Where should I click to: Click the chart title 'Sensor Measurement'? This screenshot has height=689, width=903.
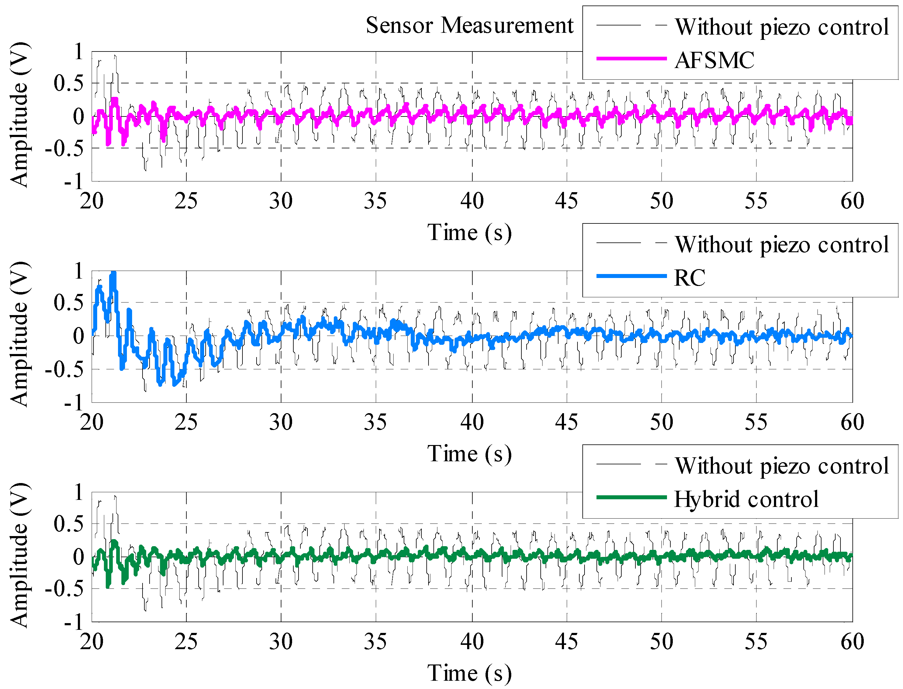coord(469,25)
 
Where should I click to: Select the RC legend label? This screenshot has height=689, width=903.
coord(690,278)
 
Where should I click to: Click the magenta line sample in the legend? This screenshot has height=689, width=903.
coord(631,59)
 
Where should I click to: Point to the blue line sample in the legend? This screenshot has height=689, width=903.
coord(631,276)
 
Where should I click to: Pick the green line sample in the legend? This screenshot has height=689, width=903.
coord(631,497)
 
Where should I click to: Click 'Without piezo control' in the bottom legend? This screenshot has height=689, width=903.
coord(782,466)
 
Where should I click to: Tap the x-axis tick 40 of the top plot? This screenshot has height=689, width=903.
coord(472,201)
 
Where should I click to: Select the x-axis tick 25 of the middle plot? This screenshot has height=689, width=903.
coord(186,422)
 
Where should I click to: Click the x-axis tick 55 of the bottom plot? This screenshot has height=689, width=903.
coord(756,642)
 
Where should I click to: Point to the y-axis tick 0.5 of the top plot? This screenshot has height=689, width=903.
coord(68,84)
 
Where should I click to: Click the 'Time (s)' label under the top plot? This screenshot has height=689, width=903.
coord(470,233)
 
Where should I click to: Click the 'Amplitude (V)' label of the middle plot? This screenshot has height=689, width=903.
coord(19,334)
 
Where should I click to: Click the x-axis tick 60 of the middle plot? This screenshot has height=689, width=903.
coord(852,422)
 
